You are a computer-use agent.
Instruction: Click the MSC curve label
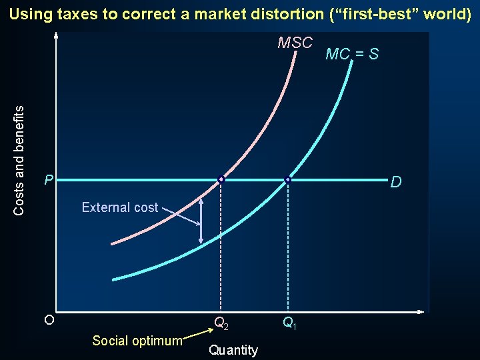pos(295,43)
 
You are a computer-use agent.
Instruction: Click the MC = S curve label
pos(352,55)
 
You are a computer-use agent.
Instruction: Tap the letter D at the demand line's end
pos(396,182)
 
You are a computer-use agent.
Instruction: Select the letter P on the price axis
pos(47,180)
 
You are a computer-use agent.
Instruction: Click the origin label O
pos(49,320)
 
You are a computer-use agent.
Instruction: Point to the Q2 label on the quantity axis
pos(221,324)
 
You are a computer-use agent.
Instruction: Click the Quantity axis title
pos(233,350)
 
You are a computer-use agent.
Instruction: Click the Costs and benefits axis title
pos(19,159)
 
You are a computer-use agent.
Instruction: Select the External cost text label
pos(120,207)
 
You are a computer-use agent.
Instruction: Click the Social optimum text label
pos(137,341)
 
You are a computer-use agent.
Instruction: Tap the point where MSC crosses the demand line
pos(221,179)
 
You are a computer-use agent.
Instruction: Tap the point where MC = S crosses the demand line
pos(287,179)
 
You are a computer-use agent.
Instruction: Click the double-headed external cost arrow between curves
pos(201,221)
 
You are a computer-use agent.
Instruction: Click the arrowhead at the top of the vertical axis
pos(56,35)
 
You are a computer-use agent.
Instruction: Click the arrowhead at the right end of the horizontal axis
pos(421,312)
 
